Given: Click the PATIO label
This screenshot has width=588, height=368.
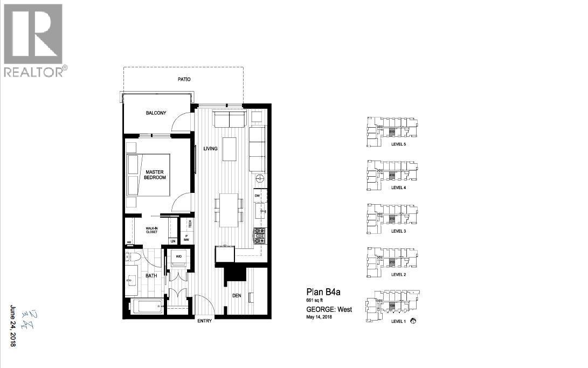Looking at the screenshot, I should pos(184,80).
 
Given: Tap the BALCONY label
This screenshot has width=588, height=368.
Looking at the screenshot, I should pos(156,113).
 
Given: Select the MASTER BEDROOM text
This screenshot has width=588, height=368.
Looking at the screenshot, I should pos(155,175).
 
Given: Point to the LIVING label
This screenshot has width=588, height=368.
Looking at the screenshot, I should pos(210,149).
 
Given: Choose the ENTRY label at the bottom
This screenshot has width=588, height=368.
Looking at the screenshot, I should pos(205,322).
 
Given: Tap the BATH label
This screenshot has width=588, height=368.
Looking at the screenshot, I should pos(151,276).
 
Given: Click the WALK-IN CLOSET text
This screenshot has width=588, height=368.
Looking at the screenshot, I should pos(151,230).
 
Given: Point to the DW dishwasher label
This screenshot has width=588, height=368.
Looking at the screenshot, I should pos(257,195).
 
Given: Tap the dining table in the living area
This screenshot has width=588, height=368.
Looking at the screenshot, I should pos(230,209).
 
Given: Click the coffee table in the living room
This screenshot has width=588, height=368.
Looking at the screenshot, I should pos(230,149).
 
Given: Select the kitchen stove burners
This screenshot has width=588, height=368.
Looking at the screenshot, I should pos(259,234).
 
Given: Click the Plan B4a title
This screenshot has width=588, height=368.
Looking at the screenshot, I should pos(323,293).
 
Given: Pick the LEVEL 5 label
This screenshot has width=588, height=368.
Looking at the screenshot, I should pos(398,144).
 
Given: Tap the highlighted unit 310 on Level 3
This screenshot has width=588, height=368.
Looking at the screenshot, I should pos(392,218).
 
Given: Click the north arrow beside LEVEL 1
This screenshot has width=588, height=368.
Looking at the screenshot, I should pos(413,321).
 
